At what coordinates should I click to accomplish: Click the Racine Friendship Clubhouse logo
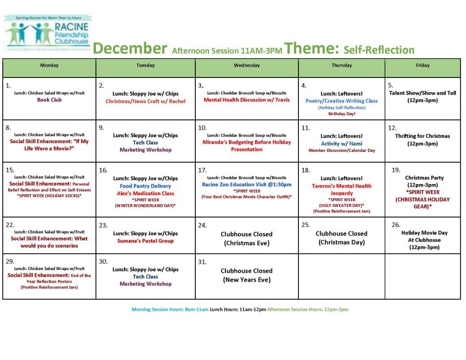pos(47,34)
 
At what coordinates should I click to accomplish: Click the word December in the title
pos(130,48)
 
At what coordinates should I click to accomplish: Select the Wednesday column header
pos(246,65)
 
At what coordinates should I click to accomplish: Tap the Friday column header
pos(422,65)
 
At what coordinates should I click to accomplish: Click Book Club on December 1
pos(49,100)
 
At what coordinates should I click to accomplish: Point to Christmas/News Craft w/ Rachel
pos(145,101)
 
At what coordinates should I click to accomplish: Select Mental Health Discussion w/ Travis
pos(246,100)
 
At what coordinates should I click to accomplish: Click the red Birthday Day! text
pos(341,114)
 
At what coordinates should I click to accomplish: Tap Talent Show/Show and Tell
pos(422,93)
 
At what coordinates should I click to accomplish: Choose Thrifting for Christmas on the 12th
pos(422,136)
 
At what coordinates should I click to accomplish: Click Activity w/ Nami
pos(341,144)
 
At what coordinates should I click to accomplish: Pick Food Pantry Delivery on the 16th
pos(145,186)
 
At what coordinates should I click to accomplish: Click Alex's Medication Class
pos(145,193)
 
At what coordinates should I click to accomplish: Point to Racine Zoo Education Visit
pos(246,184)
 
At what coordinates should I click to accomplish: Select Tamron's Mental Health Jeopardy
pos(341,189)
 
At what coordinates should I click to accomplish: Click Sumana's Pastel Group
pos(145,241)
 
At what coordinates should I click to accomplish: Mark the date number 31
pos(202,262)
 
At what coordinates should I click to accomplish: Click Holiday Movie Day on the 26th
pos(424,233)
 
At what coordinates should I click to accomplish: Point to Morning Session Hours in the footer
pos(170,309)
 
